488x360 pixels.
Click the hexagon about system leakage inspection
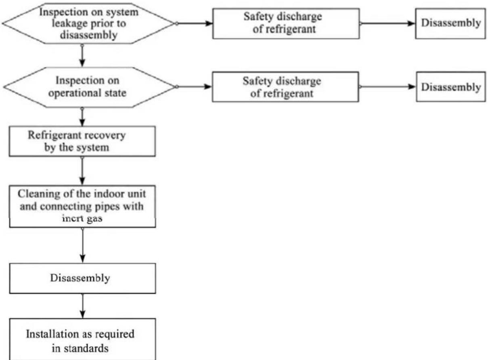click(x=88, y=23)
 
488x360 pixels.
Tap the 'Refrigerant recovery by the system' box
click(x=82, y=141)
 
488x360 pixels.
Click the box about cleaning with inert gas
click(x=82, y=206)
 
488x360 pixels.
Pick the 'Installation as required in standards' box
click(x=82, y=339)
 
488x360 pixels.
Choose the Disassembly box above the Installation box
click(x=82, y=278)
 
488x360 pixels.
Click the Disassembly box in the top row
click(x=450, y=23)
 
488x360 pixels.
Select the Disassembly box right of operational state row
click(x=451, y=87)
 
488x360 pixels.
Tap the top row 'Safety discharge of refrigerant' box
click(x=286, y=23)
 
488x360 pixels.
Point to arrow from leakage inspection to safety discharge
click(x=194, y=23)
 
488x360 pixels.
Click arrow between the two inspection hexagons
click(x=82, y=55)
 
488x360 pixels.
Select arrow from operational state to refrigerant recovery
click(x=82, y=117)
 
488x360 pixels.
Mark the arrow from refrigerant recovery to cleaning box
click(x=82, y=171)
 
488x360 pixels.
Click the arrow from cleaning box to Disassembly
click(x=82, y=245)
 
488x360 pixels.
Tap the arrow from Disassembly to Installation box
click(x=82, y=306)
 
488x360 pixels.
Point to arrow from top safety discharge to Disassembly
click(x=387, y=23)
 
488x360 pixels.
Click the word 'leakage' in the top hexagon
click(x=70, y=24)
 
